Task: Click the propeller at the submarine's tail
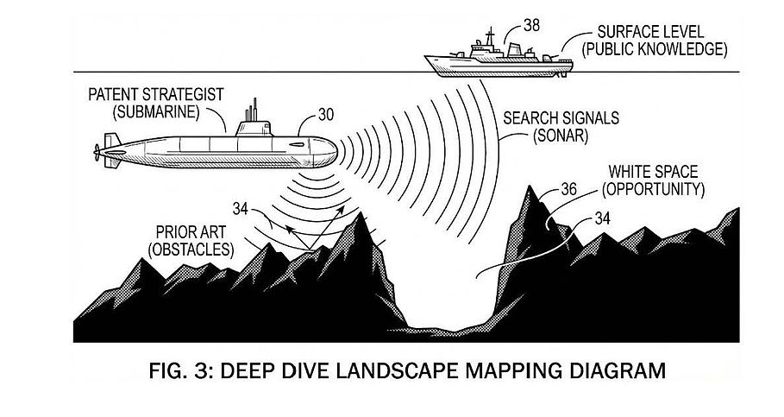click(x=97, y=152)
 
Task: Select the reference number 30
click(x=325, y=115)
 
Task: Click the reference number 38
click(x=531, y=25)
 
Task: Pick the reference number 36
click(x=568, y=189)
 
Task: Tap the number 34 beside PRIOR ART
click(x=241, y=209)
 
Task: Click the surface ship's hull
click(x=499, y=67)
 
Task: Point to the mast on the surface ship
click(x=490, y=36)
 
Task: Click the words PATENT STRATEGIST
click(x=156, y=95)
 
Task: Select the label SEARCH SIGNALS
click(x=561, y=118)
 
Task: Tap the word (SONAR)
click(x=561, y=136)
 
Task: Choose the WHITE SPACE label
click(x=653, y=172)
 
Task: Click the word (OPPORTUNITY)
click(x=653, y=190)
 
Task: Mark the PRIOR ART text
click(x=191, y=232)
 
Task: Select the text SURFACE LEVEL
click(x=651, y=32)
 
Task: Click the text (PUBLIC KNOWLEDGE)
click(x=655, y=49)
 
